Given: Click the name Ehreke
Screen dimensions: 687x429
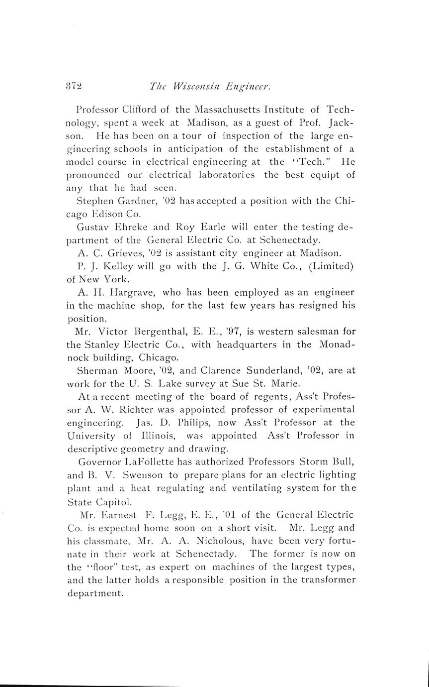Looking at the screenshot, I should pyautogui.click(x=135, y=227).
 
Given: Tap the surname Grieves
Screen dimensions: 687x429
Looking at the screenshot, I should pyautogui.click(x=114, y=253).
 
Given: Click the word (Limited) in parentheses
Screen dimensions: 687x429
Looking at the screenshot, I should pyautogui.click(x=331, y=266).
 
